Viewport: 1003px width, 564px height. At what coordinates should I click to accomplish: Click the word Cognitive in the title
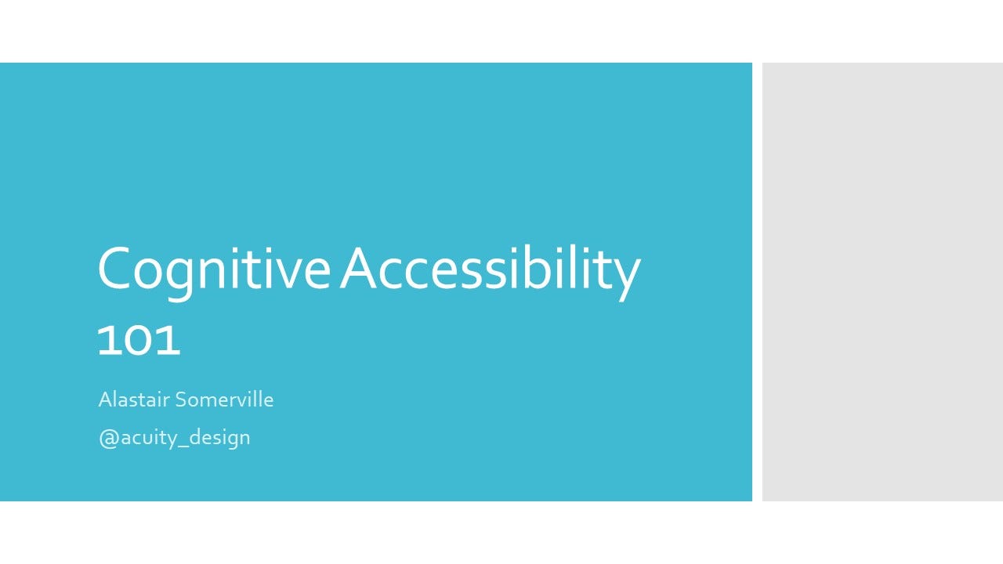[214, 272]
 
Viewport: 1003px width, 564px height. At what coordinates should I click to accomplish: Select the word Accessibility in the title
[491, 272]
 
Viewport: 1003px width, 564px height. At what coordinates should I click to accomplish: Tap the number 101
[139, 341]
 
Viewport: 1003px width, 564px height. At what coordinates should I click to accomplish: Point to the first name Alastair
[134, 399]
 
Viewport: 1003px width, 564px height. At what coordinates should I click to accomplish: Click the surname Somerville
[224, 399]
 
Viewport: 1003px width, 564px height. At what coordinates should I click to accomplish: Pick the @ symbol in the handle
[109, 438]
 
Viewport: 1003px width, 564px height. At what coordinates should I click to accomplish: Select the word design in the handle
[219, 438]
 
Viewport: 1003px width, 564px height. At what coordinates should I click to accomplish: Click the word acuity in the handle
[149, 438]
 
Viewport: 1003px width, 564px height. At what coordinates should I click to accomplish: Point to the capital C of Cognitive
[114, 269]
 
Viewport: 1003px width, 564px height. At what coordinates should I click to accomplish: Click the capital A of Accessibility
[358, 269]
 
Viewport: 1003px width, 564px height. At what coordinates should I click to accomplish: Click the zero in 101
[139, 341]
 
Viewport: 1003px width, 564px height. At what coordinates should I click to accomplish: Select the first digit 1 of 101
[107, 341]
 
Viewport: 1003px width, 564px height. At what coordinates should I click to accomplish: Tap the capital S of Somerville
[181, 399]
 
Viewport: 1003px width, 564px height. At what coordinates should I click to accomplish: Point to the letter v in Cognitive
[281, 275]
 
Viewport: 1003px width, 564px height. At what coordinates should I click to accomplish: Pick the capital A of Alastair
[105, 399]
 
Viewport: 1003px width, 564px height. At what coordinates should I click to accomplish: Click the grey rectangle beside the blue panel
[882, 282]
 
